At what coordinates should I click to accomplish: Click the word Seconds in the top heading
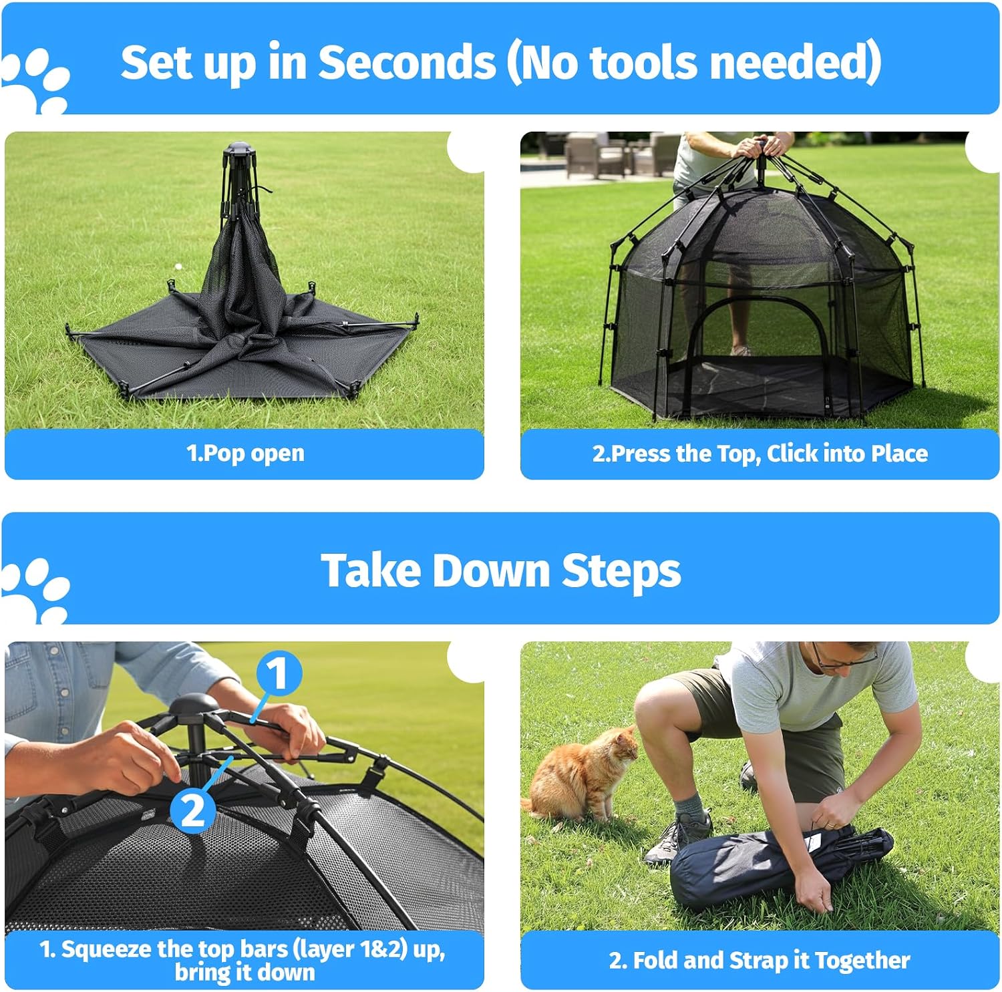pos(407,62)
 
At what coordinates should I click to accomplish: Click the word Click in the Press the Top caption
pos(793,454)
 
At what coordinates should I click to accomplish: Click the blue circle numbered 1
pos(279,673)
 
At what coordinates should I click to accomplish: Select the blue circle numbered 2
pos(192,810)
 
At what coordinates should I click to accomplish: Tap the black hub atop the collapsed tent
pos(238,149)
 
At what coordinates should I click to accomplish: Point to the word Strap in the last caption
pos(759,961)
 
